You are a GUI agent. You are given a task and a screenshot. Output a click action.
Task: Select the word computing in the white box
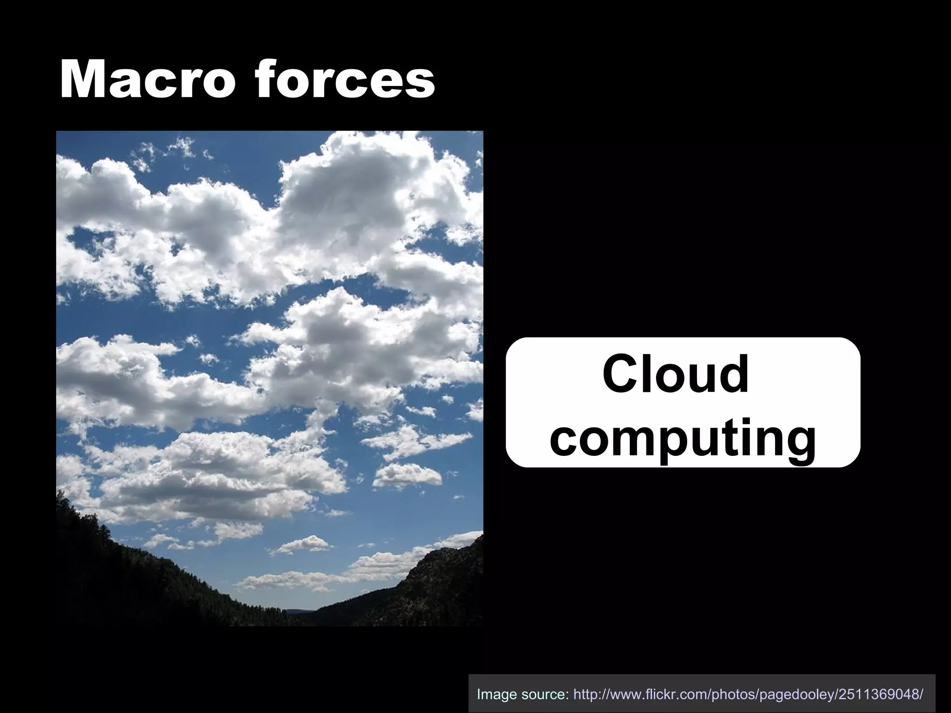click(x=683, y=436)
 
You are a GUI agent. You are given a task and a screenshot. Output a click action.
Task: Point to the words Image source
click(x=523, y=694)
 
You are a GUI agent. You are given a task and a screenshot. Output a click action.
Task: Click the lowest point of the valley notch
click(x=297, y=612)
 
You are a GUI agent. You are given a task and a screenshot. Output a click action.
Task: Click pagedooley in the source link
click(x=800, y=694)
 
